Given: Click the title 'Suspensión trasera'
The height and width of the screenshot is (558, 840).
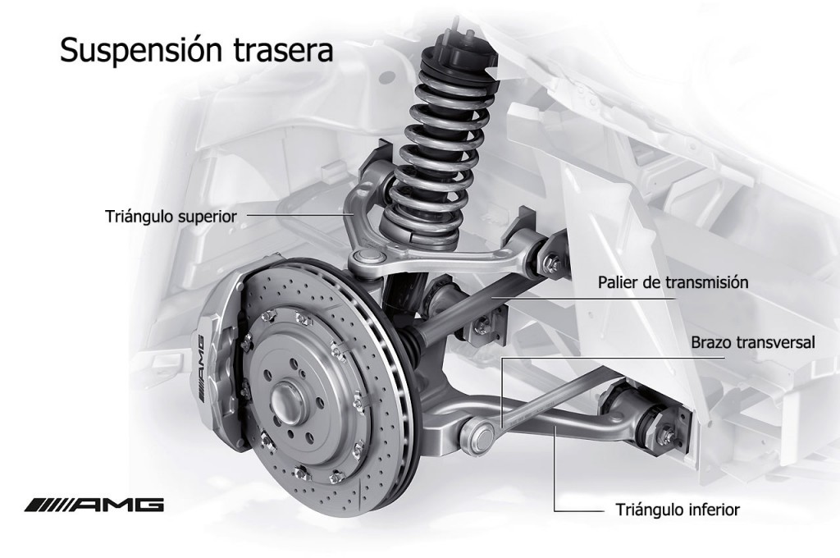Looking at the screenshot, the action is (197, 50).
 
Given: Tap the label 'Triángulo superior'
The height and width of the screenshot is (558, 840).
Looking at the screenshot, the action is (171, 217).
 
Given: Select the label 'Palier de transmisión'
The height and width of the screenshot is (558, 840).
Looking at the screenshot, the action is (673, 282).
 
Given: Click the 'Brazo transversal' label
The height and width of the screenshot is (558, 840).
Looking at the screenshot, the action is (753, 342).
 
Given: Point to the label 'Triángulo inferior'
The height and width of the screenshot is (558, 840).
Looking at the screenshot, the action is (678, 510).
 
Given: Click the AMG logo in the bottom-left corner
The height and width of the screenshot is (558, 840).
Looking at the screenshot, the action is (94, 505).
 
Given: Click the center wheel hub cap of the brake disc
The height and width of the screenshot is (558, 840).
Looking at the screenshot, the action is (285, 398).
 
